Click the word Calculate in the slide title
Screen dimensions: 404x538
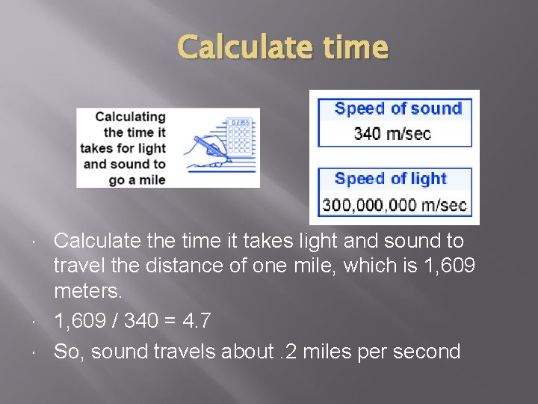235,47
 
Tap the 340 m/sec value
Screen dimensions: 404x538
392,133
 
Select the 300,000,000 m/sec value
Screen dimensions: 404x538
394,204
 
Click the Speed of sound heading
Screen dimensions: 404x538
398,108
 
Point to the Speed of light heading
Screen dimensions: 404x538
391,179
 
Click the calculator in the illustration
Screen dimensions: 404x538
239,135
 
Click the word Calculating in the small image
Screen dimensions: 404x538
130,117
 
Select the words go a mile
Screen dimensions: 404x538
137,180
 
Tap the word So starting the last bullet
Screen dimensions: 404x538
67,352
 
